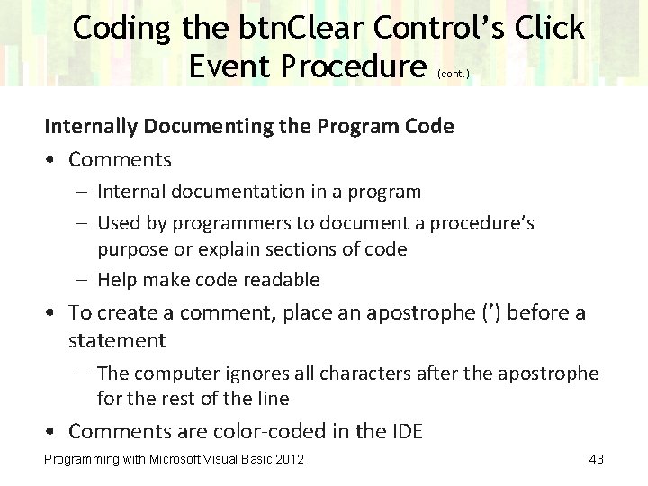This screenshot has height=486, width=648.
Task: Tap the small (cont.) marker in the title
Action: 453,75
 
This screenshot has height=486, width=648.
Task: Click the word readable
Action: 282,280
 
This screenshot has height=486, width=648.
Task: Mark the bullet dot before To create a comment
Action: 53,313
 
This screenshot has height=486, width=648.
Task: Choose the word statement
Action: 117,340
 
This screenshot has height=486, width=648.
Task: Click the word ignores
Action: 248,372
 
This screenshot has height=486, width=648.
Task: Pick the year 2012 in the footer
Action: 289,460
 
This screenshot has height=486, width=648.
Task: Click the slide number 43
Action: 595,460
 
